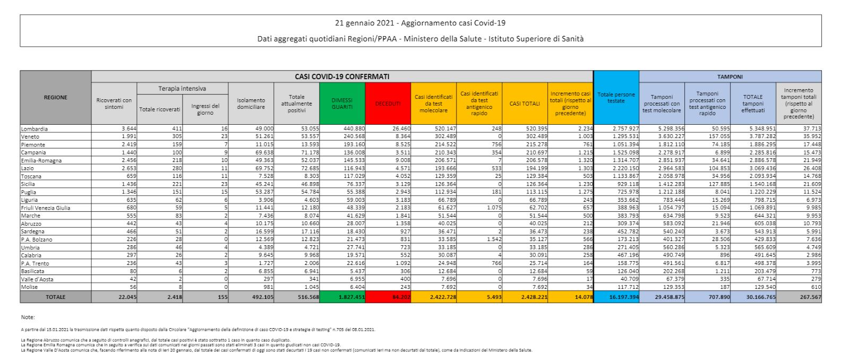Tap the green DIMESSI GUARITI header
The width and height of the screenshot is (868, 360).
[342, 104]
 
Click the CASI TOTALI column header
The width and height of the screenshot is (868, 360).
[524, 104]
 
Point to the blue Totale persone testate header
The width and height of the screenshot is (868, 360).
[616, 98]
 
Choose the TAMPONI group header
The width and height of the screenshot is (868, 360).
[730, 76]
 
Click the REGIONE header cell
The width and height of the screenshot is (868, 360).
[55, 97]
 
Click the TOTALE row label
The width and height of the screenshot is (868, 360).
[55, 297]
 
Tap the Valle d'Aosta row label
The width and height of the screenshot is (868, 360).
[37, 279]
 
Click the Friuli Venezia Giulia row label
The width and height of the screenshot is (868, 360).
[45, 208]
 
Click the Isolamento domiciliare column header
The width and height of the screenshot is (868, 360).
[251, 104]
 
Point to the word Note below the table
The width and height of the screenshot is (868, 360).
[28, 316]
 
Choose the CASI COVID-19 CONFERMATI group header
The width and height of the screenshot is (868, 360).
[342, 76]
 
